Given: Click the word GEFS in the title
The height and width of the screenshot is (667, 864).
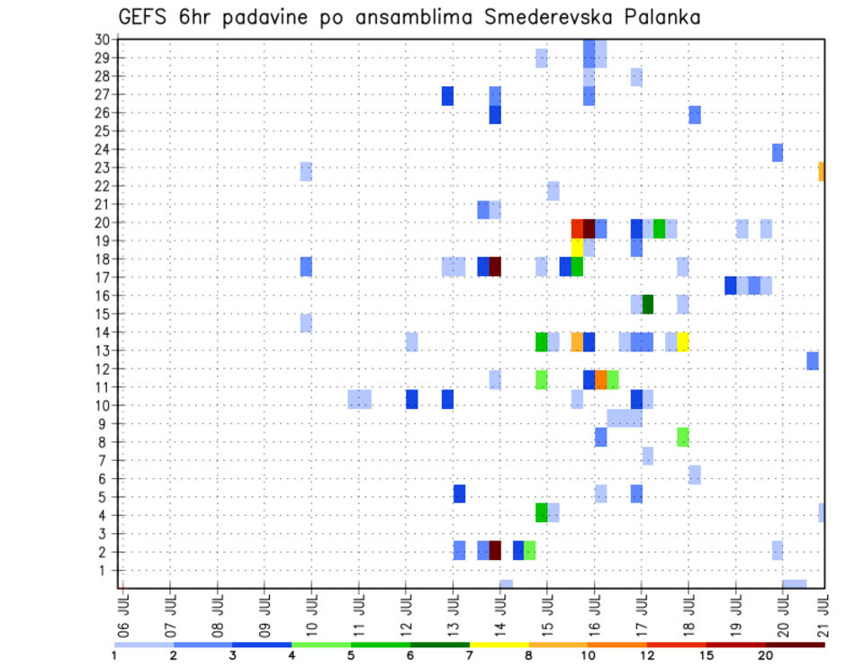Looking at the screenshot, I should [x=140, y=17].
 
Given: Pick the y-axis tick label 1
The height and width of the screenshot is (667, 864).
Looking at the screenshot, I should [x=105, y=570].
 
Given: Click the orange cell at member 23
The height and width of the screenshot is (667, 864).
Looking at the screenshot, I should [x=822, y=171].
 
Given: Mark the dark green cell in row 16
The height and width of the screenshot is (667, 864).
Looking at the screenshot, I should [x=647, y=304].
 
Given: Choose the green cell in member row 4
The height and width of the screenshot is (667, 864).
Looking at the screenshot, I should [x=541, y=512].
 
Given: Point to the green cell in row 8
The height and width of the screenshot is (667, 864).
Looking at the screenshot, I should [x=682, y=437].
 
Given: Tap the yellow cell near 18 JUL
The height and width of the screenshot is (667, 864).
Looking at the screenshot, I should [x=683, y=341].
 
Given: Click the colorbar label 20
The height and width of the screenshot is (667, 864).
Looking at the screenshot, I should [x=766, y=655].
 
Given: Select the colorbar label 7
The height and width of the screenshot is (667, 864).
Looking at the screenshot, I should [x=469, y=655].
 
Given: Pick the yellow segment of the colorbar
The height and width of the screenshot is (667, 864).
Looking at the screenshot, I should [x=499, y=645].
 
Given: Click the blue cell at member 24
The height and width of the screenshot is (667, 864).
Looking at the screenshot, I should [x=778, y=152].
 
